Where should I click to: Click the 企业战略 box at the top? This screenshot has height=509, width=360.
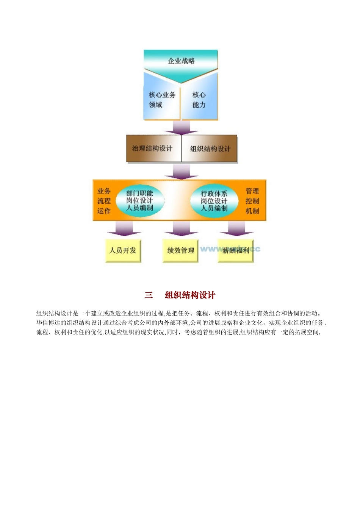(x=181, y=61)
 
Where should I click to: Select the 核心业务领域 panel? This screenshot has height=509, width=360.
(x=162, y=100)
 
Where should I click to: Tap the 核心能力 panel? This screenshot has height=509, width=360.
(x=199, y=100)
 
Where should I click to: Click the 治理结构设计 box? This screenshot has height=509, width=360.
(x=152, y=148)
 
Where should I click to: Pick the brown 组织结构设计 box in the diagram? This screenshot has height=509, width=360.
(x=210, y=148)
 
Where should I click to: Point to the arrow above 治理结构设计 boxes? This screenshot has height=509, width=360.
(x=181, y=128)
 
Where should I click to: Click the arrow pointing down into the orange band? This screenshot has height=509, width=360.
(x=181, y=172)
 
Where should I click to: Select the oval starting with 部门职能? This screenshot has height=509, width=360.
(x=139, y=201)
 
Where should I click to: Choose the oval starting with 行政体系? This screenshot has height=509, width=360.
(x=214, y=201)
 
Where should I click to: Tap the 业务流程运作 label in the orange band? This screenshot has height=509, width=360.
(x=104, y=201)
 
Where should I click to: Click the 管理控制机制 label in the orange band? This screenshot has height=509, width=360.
(x=252, y=201)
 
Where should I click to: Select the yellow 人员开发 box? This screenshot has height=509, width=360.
(x=123, y=250)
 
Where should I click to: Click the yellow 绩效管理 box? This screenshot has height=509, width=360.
(x=181, y=250)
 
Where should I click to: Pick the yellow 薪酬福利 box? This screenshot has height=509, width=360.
(x=236, y=250)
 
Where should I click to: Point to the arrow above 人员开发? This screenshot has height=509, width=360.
(x=124, y=229)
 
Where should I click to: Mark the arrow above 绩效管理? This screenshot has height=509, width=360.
(x=181, y=229)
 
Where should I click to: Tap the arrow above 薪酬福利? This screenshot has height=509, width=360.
(x=236, y=229)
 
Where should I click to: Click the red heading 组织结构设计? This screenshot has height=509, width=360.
(x=190, y=295)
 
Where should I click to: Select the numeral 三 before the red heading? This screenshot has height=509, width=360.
(x=149, y=295)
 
